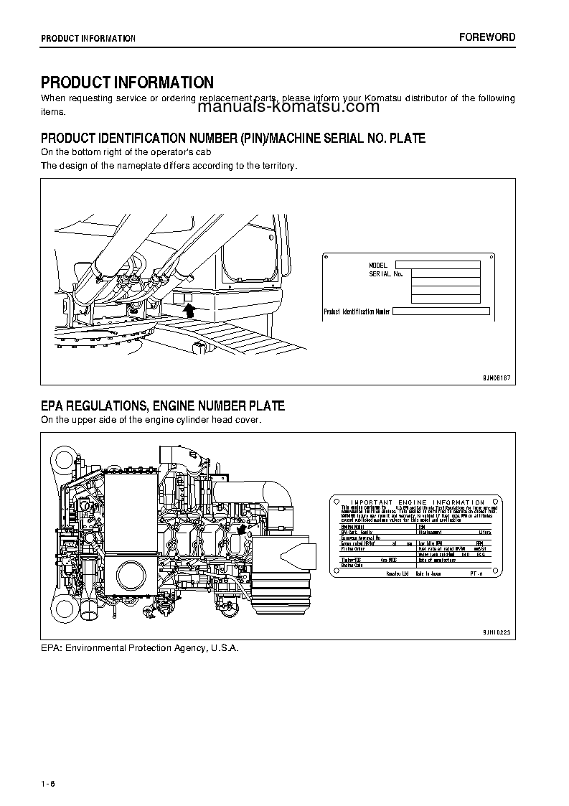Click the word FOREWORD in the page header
(x=486, y=37)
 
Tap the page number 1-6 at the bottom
(x=48, y=782)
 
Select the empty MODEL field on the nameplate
(x=437, y=265)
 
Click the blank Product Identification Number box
(x=441, y=311)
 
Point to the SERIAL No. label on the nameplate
(x=386, y=274)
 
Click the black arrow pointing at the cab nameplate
(x=189, y=309)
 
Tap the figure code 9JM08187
(x=489, y=378)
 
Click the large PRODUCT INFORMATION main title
(x=127, y=83)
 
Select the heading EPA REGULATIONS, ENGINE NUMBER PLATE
(x=163, y=406)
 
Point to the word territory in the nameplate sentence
(x=276, y=166)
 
